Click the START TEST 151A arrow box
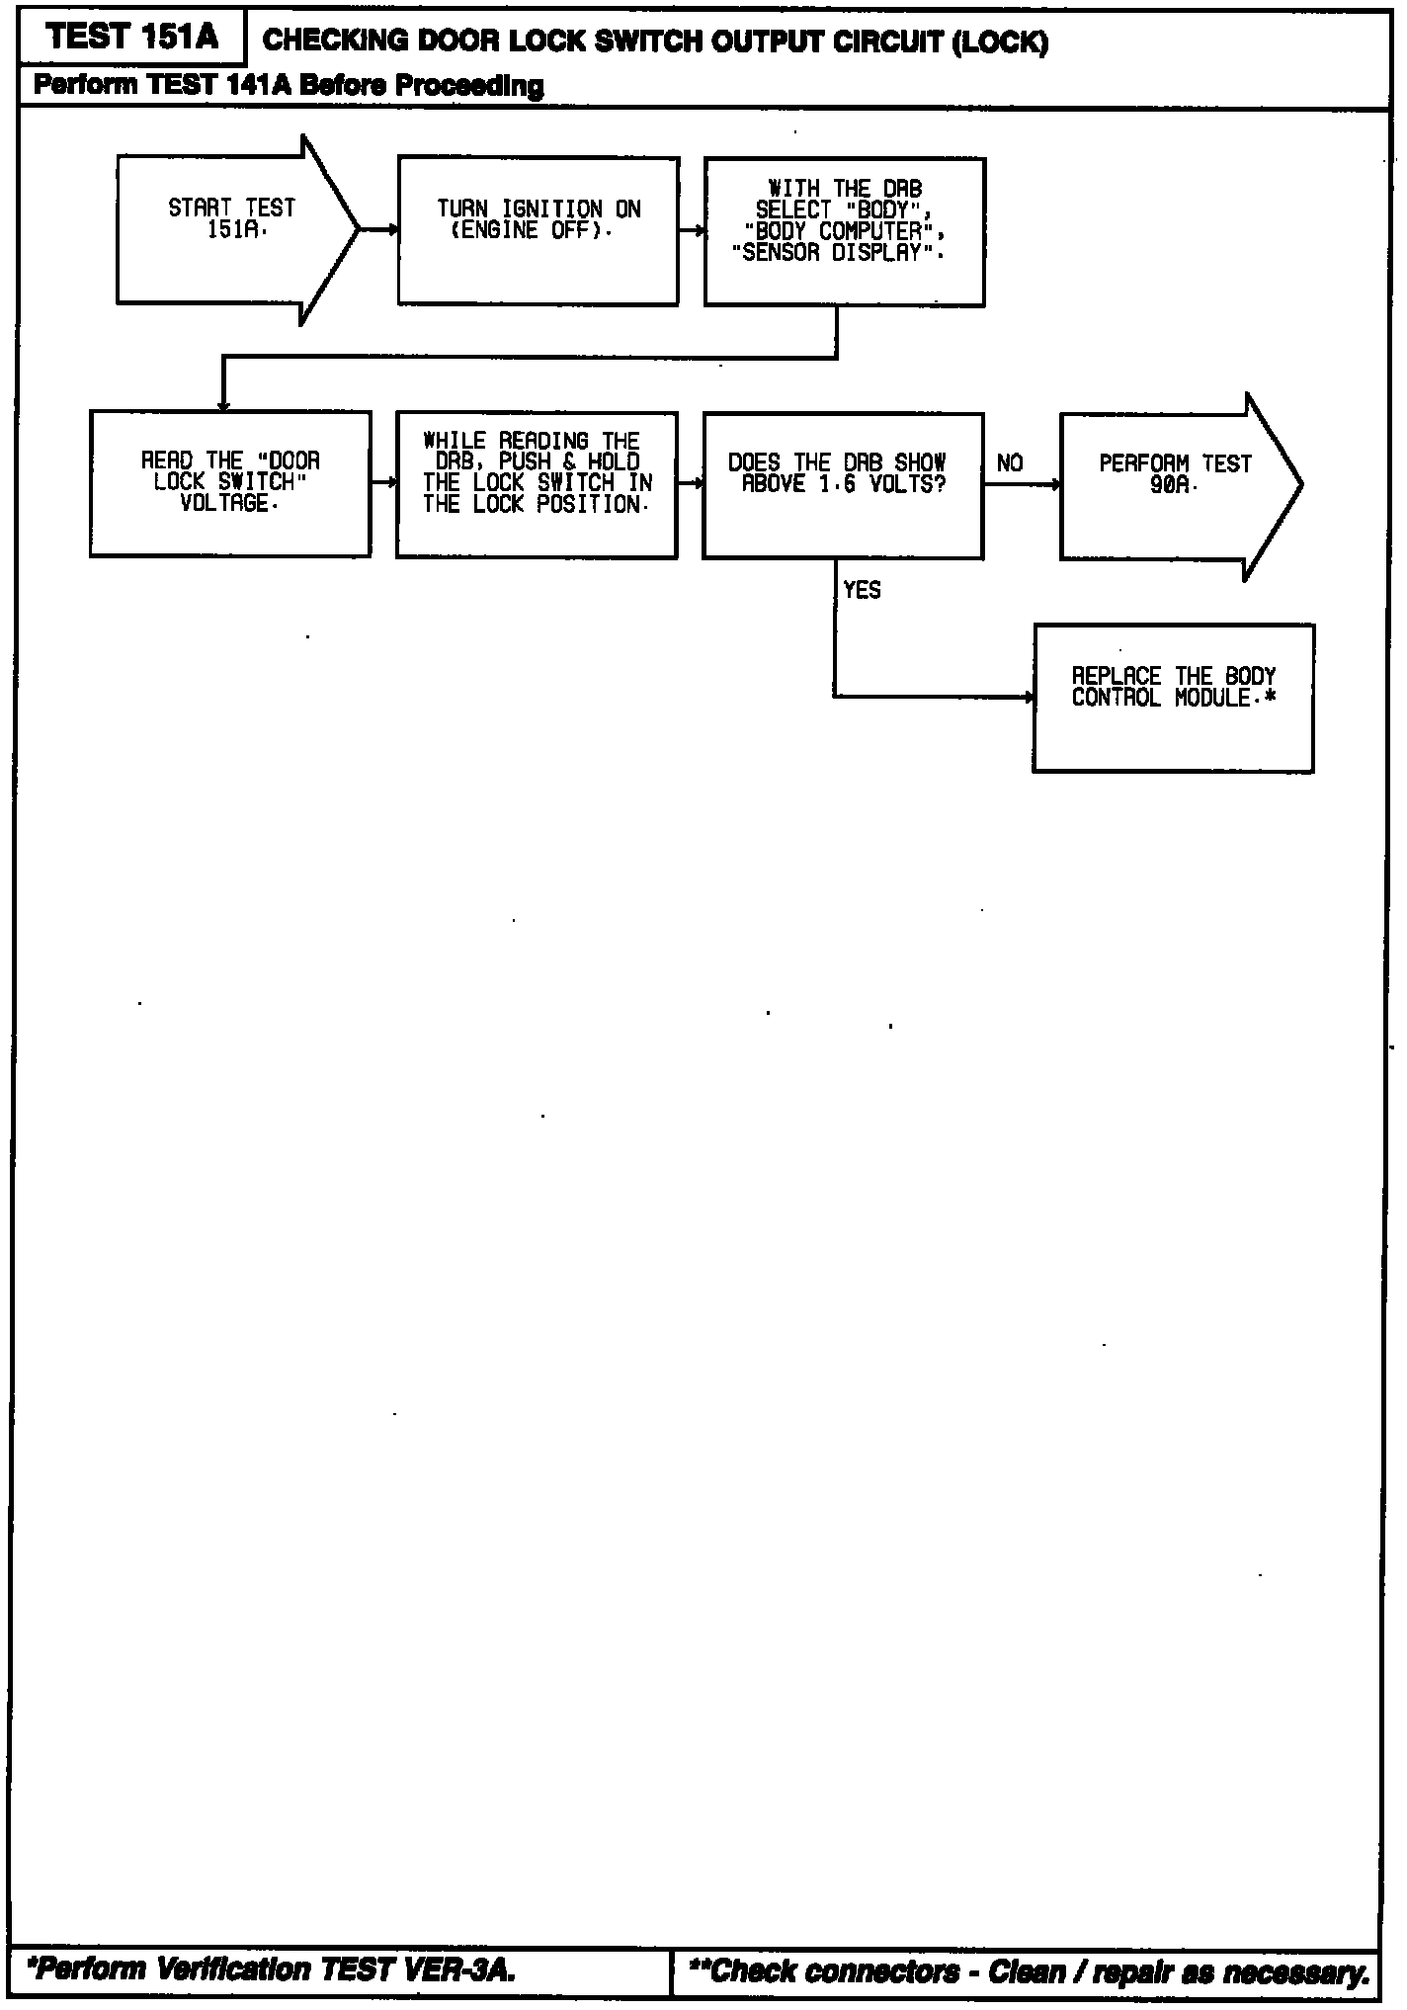point(233,229)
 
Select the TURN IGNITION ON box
point(538,230)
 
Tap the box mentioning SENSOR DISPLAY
point(844,231)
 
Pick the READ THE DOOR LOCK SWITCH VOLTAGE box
point(230,483)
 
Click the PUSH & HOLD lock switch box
point(537,484)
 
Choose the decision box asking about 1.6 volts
point(842,484)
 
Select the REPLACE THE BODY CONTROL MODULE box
point(1173,697)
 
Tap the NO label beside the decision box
point(1010,463)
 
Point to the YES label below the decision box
point(862,590)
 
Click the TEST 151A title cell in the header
point(131,39)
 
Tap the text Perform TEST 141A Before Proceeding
point(289,86)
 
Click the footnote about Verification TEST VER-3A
point(274,1969)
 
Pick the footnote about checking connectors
point(1030,1971)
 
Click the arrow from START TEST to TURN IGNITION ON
point(378,230)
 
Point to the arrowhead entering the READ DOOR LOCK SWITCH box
point(224,405)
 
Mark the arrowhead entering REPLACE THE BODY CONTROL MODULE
point(1029,697)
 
